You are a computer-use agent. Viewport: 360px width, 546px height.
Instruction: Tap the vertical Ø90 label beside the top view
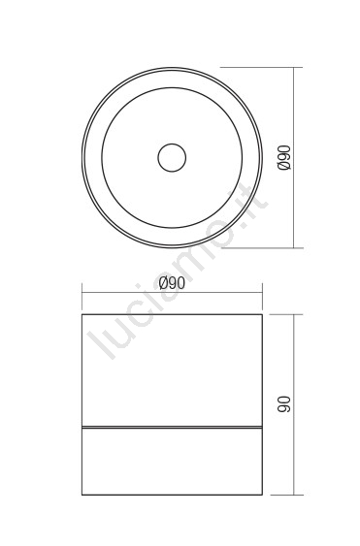pos(284,158)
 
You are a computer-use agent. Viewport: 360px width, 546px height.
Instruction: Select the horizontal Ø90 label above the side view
pos(172,283)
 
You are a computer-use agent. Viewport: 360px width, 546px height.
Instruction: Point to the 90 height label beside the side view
pos(284,404)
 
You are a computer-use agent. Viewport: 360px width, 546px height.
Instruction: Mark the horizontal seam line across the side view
pos(172,427)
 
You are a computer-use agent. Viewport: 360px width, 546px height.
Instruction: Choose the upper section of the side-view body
pos(172,370)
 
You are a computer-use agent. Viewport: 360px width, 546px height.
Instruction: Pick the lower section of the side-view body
pos(172,461)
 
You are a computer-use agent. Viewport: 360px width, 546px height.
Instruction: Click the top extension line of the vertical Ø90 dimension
pos(262,67)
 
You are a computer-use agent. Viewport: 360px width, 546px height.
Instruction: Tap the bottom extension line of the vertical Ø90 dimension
pos(262,248)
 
